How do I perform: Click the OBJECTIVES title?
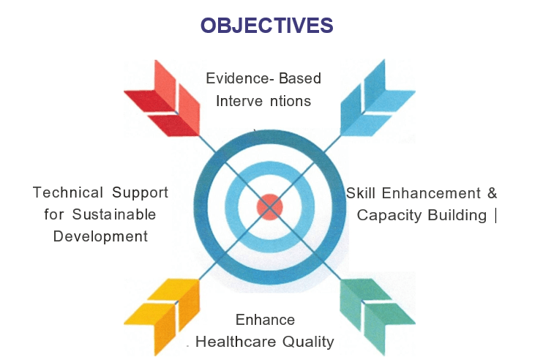pyautogui.click(x=266, y=26)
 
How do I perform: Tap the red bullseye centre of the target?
pyautogui.click(x=270, y=207)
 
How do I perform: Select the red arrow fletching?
pyautogui.click(x=162, y=98)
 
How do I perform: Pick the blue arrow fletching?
pyautogui.click(x=378, y=97)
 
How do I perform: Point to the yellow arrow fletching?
pyautogui.click(x=162, y=317)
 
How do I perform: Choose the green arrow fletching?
pyautogui.click(x=378, y=317)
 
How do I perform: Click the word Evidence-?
pyautogui.click(x=240, y=78)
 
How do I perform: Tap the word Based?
pyautogui.click(x=300, y=78)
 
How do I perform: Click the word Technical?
pyautogui.click(x=68, y=192)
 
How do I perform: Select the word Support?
pyautogui.click(x=140, y=193)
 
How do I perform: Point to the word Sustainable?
pyautogui.click(x=114, y=214)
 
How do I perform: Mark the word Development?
pyautogui.click(x=100, y=237)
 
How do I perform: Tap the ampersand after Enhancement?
pyautogui.click(x=492, y=193)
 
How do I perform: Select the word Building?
pyautogui.click(x=457, y=216)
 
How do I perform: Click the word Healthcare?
pyautogui.click(x=236, y=342)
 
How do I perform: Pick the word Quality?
pyautogui.click(x=308, y=342)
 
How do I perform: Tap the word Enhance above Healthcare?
pyautogui.click(x=265, y=320)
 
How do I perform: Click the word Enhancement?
pyautogui.click(x=431, y=193)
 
